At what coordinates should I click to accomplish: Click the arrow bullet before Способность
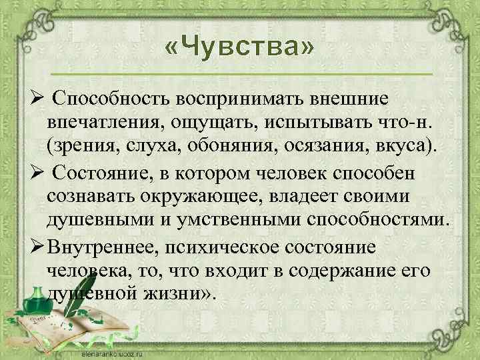[x=38, y=99]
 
